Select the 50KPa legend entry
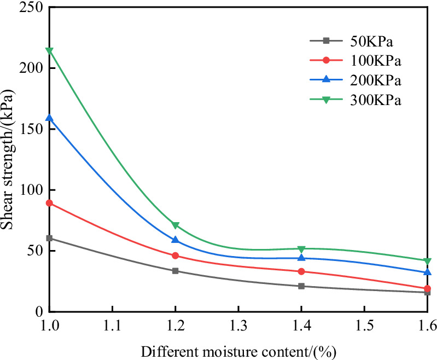pyautogui.click(x=356, y=40)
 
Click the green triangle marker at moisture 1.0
pyautogui.click(x=49, y=51)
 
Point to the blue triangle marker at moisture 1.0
pyautogui.click(x=49, y=118)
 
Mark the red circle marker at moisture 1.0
pyautogui.click(x=49, y=203)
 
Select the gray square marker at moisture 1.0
pyautogui.click(x=49, y=238)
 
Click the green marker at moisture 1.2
pyautogui.click(x=175, y=225)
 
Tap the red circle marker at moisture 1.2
pyautogui.click(x=175, y=256)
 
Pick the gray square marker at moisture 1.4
pyautogui.click(x=301, y=286)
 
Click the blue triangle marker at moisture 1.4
pyautogui.click(x=301, y=258)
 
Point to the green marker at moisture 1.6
pyautogui.click(x=427, y=260)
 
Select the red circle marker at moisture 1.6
pyautogui.click(x=427, y=288)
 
